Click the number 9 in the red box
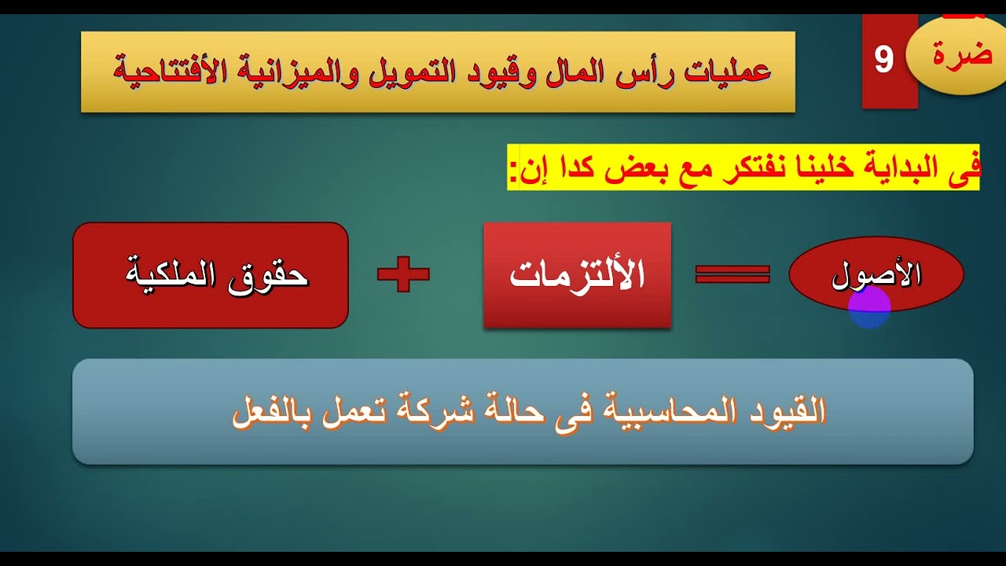884,60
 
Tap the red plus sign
403,274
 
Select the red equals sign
732,274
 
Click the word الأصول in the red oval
876,275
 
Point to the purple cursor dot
869,307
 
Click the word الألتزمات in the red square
578,276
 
